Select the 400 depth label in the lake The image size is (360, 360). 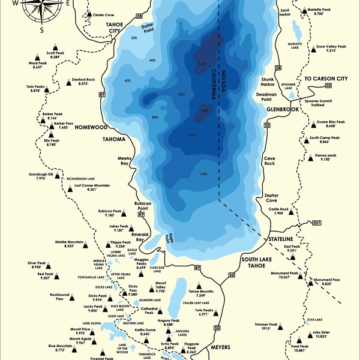152,61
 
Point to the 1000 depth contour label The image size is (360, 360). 203,174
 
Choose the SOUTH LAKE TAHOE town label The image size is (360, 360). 257,262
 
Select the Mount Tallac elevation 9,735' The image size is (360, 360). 160,290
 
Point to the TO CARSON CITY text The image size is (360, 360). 326,79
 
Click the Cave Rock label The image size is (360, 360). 270,161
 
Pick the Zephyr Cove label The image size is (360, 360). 272,199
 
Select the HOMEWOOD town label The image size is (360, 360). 91,128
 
